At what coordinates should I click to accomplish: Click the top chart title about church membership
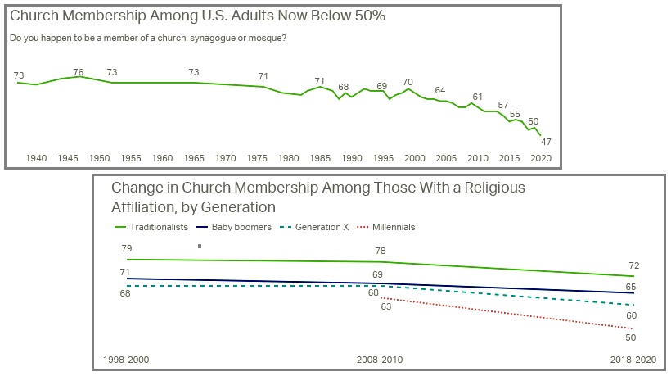click(197, 16)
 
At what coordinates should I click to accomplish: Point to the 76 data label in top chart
click(79, 72)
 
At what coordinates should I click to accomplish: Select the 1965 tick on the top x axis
click(194, 158)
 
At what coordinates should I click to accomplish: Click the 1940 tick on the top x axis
click(36, 158)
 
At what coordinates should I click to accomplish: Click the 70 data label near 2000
click(408, 82)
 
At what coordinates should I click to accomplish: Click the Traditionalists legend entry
click(152, 226)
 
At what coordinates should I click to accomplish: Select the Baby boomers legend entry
click(241, 226)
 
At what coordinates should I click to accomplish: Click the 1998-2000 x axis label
click(126, 360)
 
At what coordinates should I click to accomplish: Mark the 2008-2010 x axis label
click(380, 360)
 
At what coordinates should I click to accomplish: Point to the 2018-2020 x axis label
click(634, 360)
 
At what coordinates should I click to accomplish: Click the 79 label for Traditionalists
click(125, 247)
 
